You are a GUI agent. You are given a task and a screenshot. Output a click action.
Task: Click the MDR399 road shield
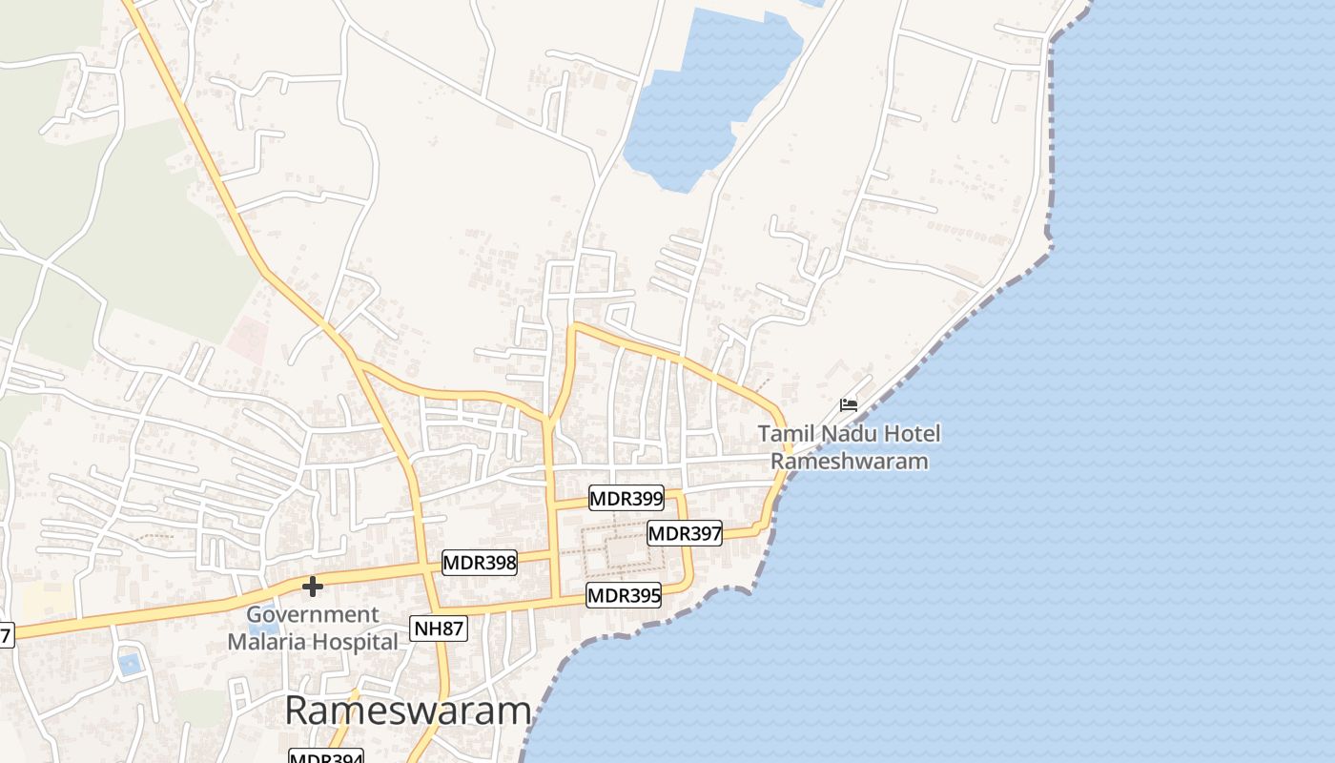(x=626, y=498)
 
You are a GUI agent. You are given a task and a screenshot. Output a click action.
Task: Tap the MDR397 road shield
(x=684, y=533)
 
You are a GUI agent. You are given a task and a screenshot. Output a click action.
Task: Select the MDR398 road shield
(x=479, y=563)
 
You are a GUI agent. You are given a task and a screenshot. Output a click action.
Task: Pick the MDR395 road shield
(x=624, y=596)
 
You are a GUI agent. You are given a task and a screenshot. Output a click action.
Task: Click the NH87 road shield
(x=439, y=628)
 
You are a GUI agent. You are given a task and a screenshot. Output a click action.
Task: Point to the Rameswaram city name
(x=407, y=711)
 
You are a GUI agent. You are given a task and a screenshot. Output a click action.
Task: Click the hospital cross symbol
(x=312, y=586)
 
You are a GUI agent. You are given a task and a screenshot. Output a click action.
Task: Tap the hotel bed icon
(x=849, y=405)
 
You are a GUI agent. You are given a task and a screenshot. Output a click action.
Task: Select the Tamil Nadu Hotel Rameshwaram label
(x=849, y=447)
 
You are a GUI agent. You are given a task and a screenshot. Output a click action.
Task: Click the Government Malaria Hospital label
(x=313, y=629)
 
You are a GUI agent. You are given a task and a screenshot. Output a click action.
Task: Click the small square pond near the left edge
(x=129, y=663)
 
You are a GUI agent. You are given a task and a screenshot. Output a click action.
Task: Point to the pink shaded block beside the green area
(x=249, y=339)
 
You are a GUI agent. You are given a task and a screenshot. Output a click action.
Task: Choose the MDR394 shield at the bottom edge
(x=326, y=757)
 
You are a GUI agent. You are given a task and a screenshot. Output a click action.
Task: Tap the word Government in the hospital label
(x=313, y=615)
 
